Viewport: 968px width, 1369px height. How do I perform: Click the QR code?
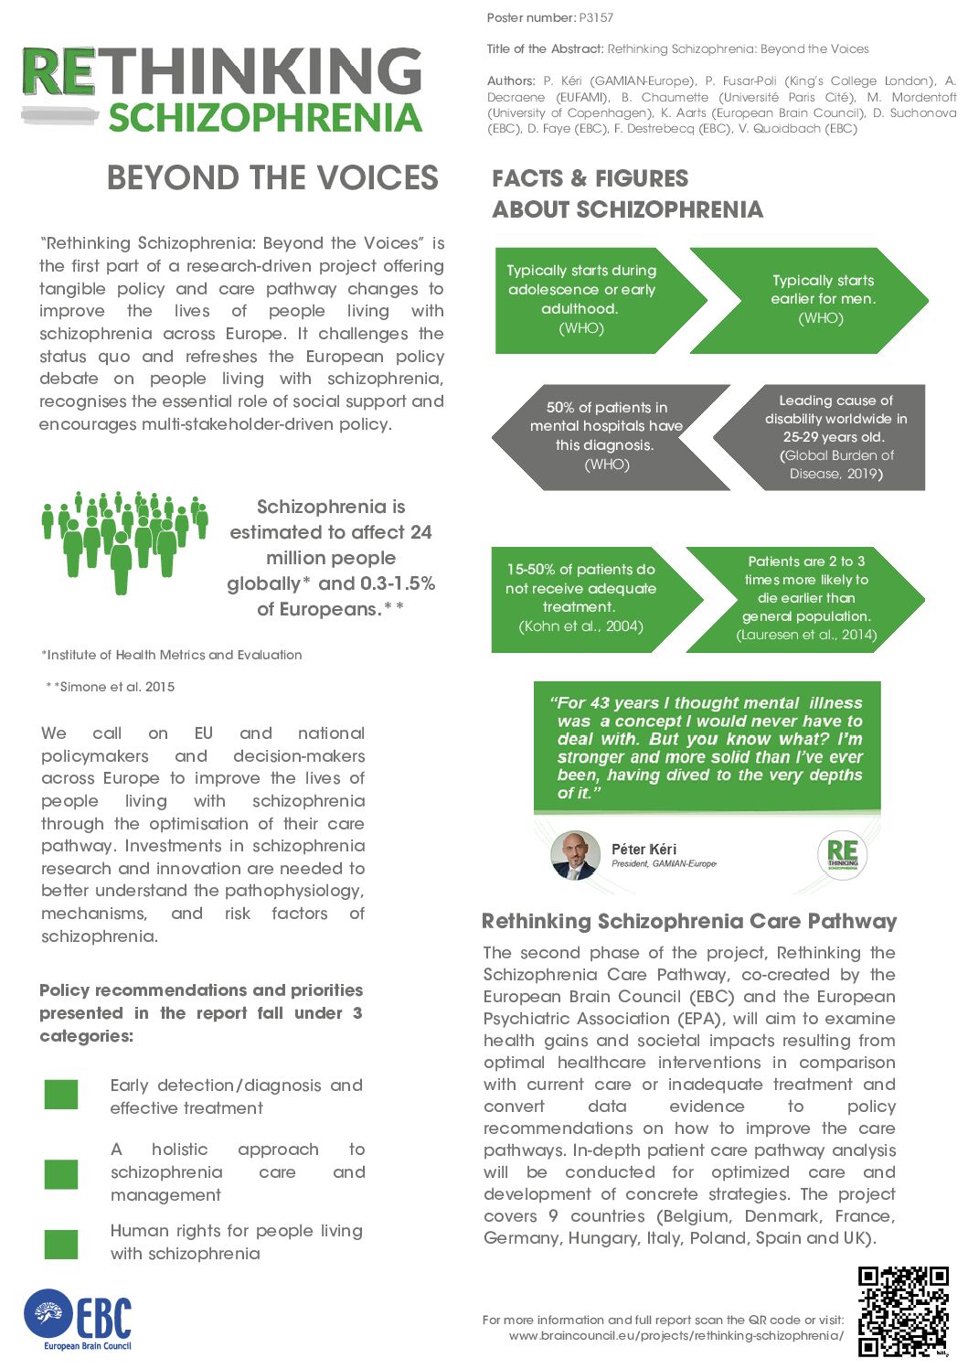[x=903, y=1311]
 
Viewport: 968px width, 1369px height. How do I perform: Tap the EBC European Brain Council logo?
[x=79, y=1319]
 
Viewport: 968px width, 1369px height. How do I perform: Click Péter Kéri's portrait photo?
[x=575, y=855]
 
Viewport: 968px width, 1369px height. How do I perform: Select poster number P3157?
[x=596, y=17]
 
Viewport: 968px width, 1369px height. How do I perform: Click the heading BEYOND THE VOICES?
[x=272, y=177]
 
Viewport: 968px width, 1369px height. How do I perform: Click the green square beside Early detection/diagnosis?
[x=61, y=1094]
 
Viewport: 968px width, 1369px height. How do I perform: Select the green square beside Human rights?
[x=61, y=1244]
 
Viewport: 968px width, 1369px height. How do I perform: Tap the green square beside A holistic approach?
[x=61, y=1173]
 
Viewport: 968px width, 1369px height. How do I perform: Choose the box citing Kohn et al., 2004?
[x=585, y=598]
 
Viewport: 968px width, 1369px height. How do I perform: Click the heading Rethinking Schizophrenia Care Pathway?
[x=689, y=921]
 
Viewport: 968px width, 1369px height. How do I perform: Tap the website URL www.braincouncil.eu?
[x=676, y=1335]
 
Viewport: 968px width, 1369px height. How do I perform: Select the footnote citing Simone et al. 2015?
[x=111, y=687]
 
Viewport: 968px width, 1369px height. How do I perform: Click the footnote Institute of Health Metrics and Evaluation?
[x=172, y=655]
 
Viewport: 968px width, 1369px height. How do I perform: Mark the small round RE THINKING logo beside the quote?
[x=842, y=855]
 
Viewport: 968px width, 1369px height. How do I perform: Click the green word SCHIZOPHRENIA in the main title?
[x=265, y=118]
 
